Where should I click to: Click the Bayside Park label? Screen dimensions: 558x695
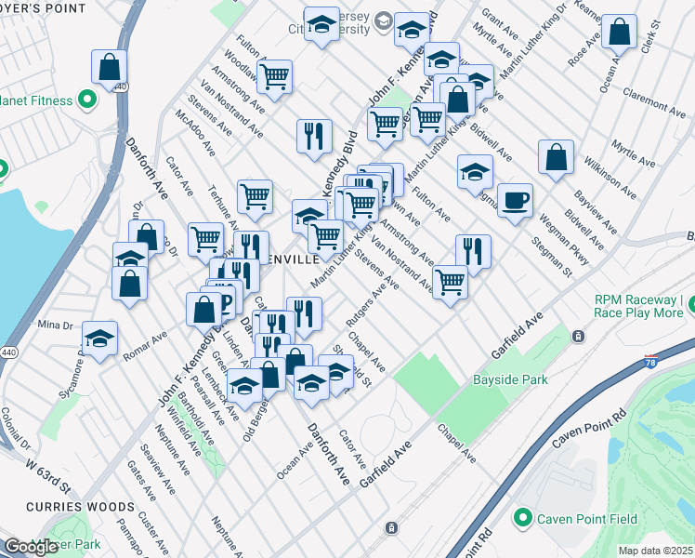pos(510,379)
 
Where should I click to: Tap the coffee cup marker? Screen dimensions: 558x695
pos(515,200)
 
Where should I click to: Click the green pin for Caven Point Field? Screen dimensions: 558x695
pos(522,517)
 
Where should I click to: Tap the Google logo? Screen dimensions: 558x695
pos(31,547)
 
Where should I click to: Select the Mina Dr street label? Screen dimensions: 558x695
pos(55,325)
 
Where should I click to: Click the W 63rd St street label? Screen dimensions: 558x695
pos(47,472)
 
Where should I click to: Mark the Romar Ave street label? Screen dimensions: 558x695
pos(148,345)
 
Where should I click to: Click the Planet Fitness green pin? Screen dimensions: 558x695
pos(88,98)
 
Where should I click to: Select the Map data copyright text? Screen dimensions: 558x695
pos(656,551)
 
